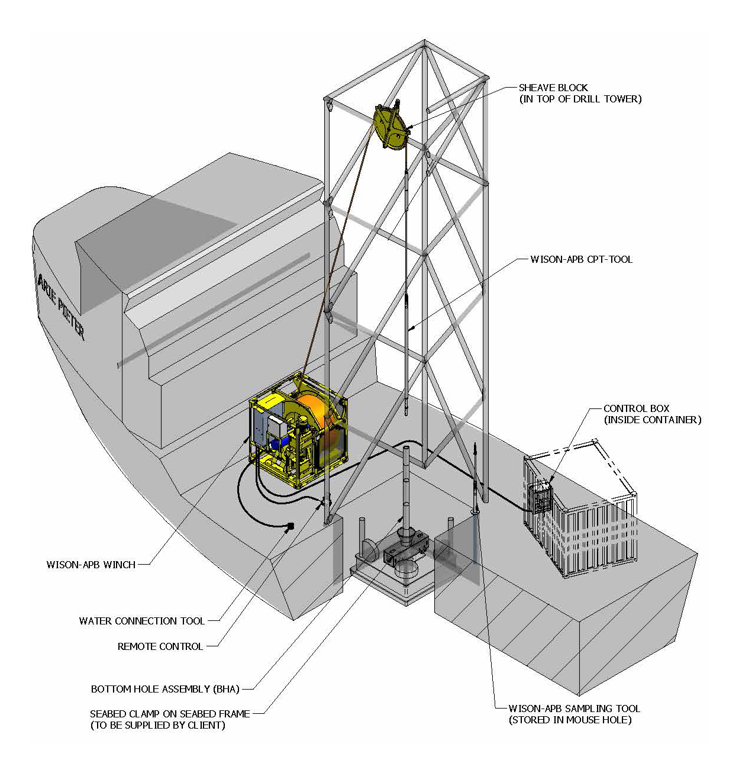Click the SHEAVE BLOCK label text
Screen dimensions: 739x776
tap(553, 88)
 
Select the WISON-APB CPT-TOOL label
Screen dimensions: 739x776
tap(581, 259)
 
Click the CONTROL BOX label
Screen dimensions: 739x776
tap(636, 408)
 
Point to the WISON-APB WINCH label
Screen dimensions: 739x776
tap(91, 565)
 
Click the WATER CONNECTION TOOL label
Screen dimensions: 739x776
tap(142, 621)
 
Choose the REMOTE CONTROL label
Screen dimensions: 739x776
tap(160, 646)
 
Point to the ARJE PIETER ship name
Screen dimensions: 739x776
tap(61, 306)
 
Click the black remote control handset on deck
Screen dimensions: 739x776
tap(291, 526)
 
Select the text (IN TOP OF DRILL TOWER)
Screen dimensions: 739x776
tap(580, 99)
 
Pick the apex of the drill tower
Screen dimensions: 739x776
tap(424, 41)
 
